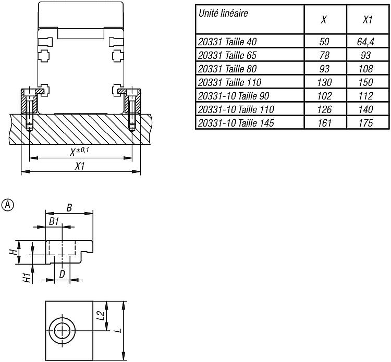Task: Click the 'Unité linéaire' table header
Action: click(x=223, y=13)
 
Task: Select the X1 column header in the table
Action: click(x=368, y=20)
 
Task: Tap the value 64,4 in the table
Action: click(x=365, y=42)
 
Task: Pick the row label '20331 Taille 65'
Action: click(x=227, y=55)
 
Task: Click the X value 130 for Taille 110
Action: click(x=324, y=82)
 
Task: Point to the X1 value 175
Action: click(x=366, y=123)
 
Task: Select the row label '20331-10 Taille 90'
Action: click(x=234, y=96)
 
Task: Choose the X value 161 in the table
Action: click(x=324, y=123)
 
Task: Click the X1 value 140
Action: click(x=366, y=109)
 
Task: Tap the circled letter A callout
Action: click(x=8, y=205)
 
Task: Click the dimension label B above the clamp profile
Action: click(x=69, y=207)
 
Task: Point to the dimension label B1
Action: click(x=54, y=221)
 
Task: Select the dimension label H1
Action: click(x=27, y=277)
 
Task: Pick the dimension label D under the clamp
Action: click(x=62, y=274)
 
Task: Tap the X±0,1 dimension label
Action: click(x=79, y=152)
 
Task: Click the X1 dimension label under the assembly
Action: click(x=80, y=166)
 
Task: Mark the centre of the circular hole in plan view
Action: click(x=62, y=331)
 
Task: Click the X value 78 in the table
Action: click(x=324, y=55)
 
